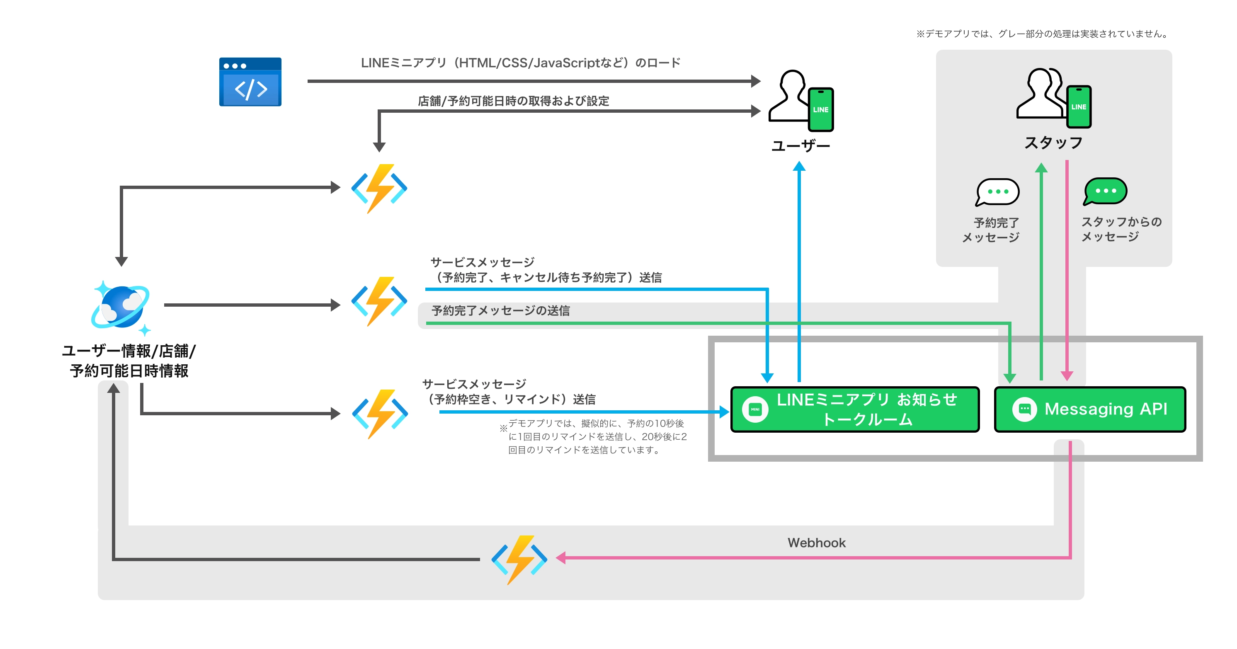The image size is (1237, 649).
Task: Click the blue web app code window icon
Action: point(250,82)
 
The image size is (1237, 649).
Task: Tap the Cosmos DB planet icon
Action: point(121,307)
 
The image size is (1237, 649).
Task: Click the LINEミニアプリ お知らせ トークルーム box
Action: point(854,409)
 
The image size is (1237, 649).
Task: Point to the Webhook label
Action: point(816,543)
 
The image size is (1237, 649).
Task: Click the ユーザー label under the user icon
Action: point(800,146)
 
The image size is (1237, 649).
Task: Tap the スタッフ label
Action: point(1053,143)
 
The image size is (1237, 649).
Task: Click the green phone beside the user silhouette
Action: point(821,109)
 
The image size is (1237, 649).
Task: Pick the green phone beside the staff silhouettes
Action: point(1079,107)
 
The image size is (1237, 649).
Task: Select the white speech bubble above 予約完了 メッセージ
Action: point(997,192)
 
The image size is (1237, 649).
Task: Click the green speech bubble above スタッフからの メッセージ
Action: point(1106,191)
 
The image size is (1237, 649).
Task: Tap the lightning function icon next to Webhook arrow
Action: point(519,559)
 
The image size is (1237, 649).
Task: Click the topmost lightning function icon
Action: point(379,188)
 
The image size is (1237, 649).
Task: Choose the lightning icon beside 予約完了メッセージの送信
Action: point(379,301)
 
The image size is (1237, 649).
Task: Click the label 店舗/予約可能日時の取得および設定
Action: point(513,101)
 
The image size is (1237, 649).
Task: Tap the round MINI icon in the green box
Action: point(755,409)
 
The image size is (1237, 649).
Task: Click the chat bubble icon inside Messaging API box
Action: point(1024,409)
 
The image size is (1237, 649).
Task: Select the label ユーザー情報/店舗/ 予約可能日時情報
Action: point(129,361)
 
